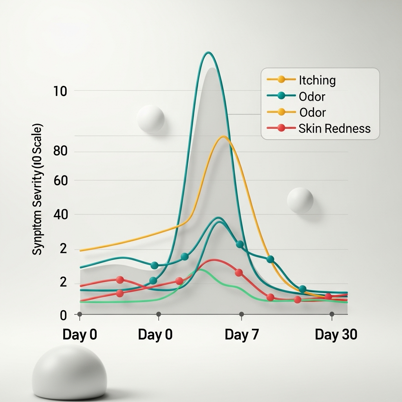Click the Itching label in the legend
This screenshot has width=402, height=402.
(x=317, y=80)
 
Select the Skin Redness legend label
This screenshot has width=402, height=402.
(x=334, y=128)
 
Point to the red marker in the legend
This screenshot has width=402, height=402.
(x=281, y=128)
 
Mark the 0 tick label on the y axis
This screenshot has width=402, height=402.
(x=63, y=315)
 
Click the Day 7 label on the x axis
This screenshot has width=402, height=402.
(x=242, y=335)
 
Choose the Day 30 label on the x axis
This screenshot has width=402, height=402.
(x=336, y=335)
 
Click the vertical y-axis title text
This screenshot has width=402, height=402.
(x=38, y=189)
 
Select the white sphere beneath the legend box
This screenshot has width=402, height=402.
(x=300, y=200)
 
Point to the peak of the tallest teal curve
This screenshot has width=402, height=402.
(x=208, y=52)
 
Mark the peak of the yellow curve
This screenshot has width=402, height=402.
(x=223, y=136)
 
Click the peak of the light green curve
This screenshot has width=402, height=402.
(x=200, y=269)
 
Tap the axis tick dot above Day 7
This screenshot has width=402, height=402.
(x=241, y=314)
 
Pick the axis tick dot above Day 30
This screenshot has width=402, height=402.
(x=332, y=314)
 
